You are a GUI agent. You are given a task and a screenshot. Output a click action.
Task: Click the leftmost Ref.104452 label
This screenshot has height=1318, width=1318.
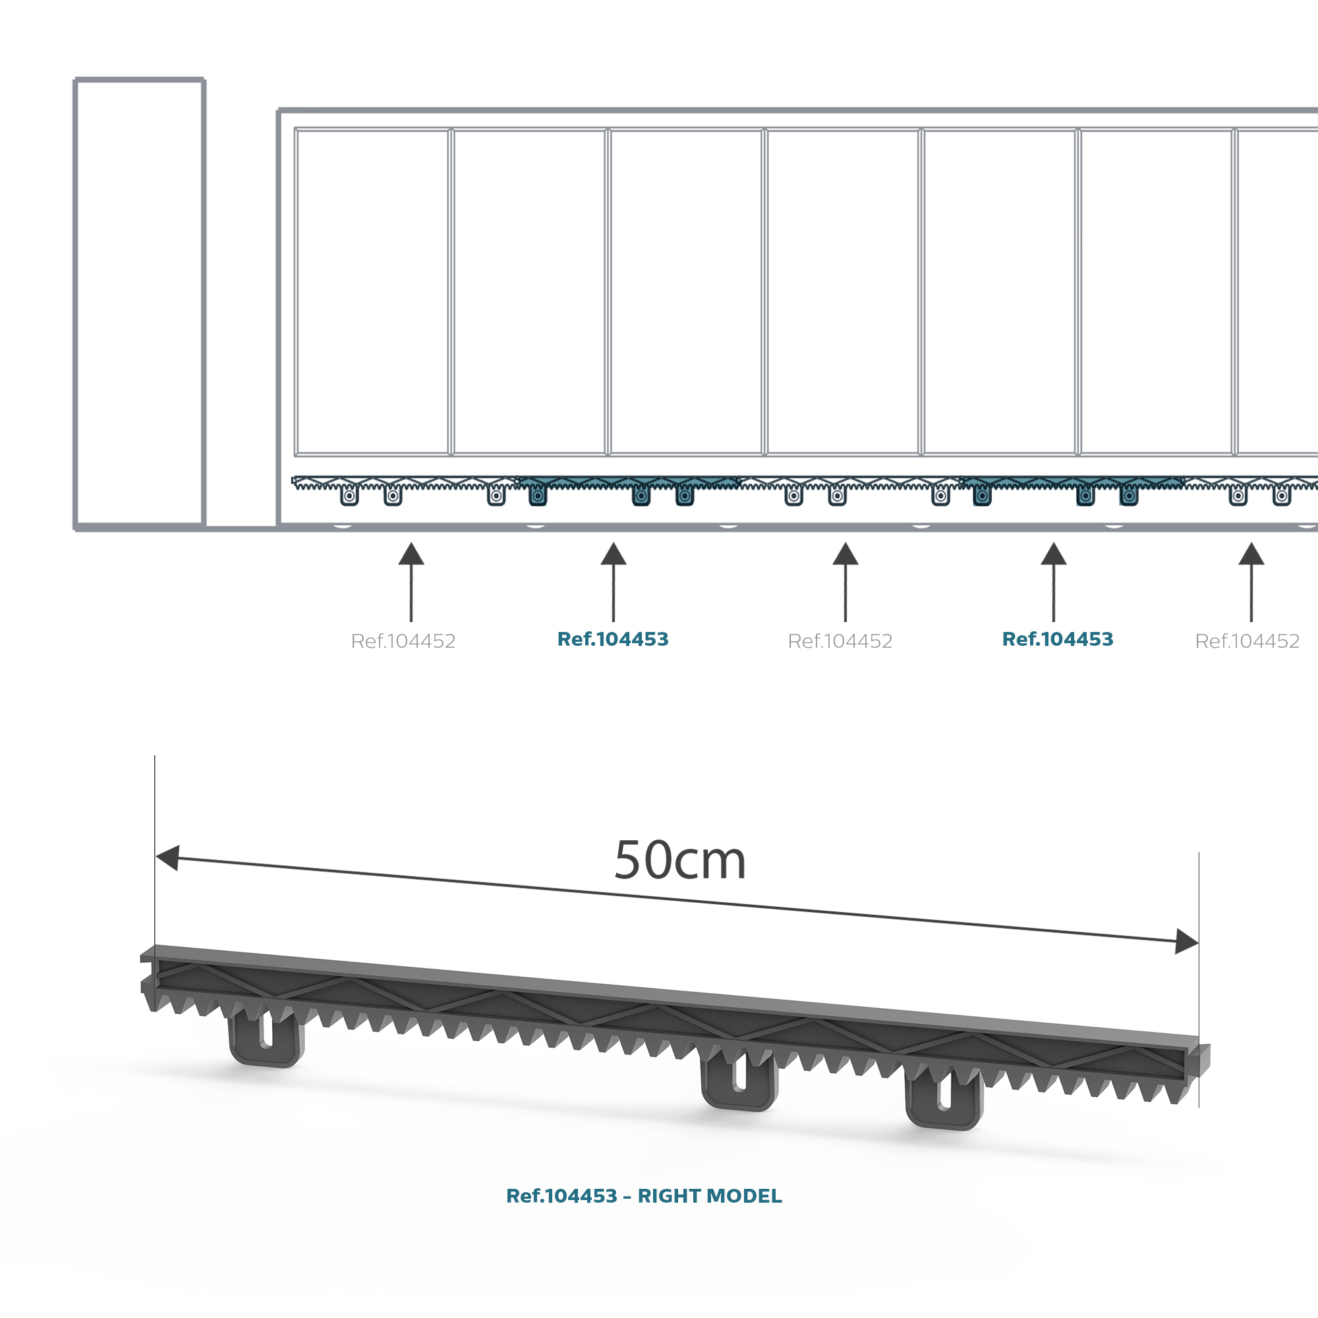[403, 641]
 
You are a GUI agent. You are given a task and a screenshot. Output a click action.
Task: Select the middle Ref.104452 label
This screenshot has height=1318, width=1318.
[840, 641]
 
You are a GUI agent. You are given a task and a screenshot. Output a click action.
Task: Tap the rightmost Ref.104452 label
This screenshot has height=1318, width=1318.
[1247, 641]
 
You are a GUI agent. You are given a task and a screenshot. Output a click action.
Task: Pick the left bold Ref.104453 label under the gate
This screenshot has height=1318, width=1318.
[613, 639]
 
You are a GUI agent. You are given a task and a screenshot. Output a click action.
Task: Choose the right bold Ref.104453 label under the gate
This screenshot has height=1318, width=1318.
[1058, 639]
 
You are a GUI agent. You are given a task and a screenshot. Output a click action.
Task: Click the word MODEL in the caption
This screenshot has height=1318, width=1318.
[744, 1196]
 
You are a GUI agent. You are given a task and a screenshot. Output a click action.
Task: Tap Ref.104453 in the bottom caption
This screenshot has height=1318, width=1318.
[561, 1196]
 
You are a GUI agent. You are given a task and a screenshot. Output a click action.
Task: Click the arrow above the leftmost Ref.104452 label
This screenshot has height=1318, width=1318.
[411, 582]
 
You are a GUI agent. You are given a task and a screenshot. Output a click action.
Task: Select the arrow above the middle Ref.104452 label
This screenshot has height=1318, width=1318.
[845, 582]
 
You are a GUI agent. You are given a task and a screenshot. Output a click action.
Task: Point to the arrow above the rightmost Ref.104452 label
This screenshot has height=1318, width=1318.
[1251, 582]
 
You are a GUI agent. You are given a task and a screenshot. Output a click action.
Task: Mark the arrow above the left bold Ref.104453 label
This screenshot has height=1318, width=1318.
[614, 582]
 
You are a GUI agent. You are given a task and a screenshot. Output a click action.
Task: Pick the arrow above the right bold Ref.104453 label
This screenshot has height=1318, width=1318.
[1053, 582]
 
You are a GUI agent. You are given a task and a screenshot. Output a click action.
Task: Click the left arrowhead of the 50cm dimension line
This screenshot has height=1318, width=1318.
[167, 857]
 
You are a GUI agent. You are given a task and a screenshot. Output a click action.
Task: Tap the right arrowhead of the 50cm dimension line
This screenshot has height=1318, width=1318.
[1187, 942]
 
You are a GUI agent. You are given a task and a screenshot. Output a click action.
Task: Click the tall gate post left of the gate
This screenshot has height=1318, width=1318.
[139, 302]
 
